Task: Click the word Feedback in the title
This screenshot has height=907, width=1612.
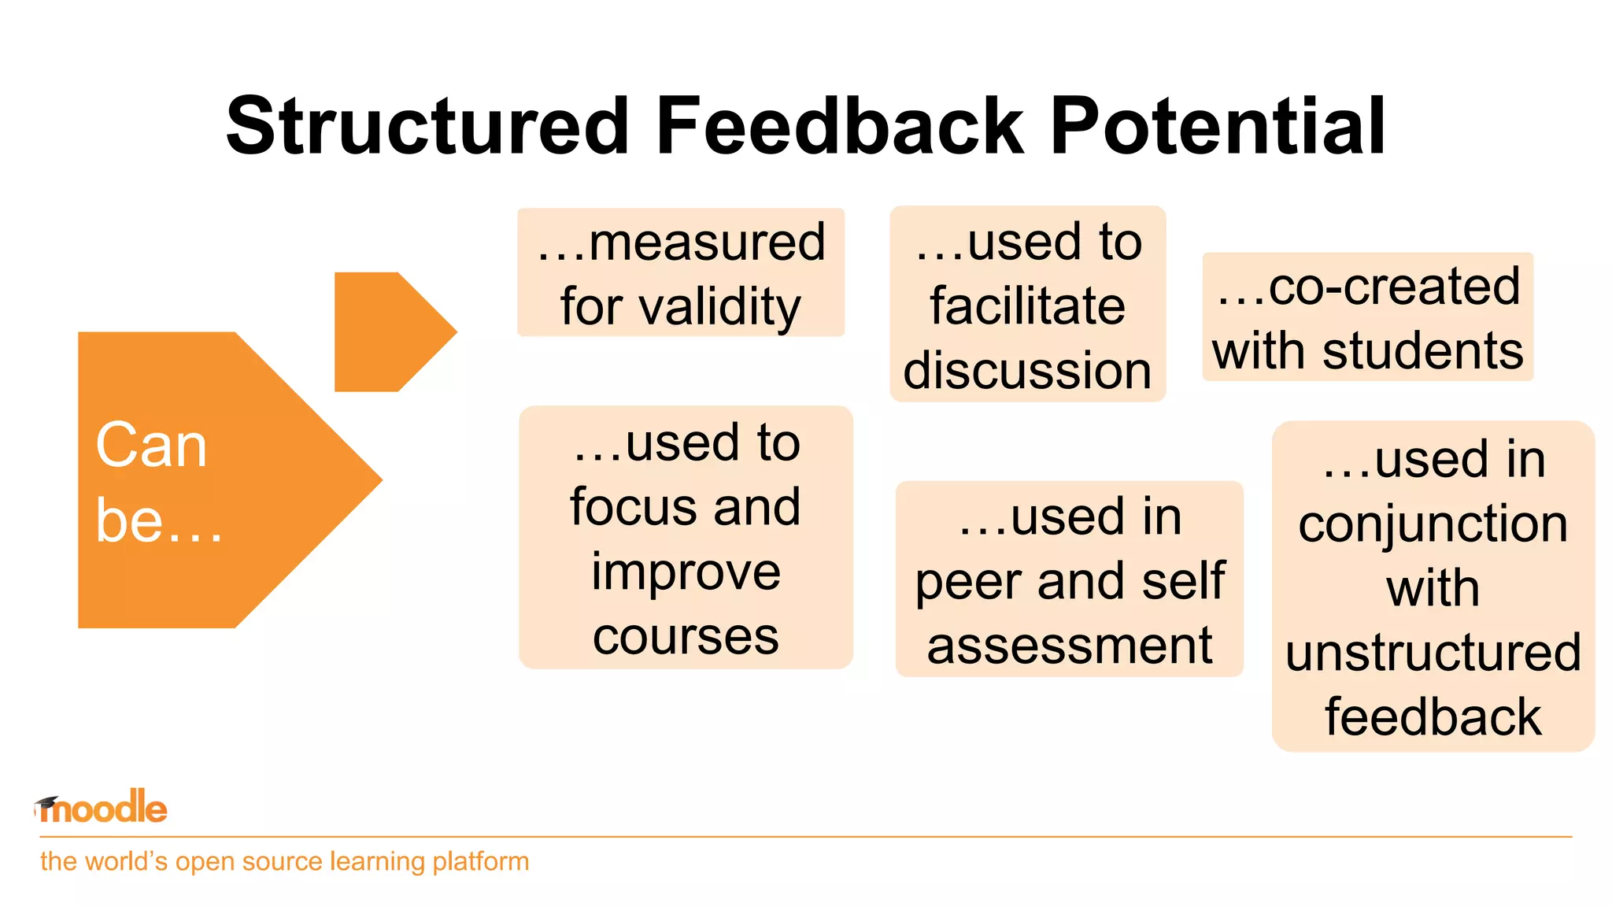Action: point(840,126)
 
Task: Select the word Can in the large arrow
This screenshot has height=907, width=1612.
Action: point(151,446)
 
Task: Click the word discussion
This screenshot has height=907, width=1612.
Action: point(1027,370)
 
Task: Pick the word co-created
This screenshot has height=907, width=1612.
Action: point(1394,286)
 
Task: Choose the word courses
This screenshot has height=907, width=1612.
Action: point(686,636)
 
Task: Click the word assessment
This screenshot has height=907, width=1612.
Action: point(1070,646)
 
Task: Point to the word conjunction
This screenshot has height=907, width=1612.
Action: point(1433,524)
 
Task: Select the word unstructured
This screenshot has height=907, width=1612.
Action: point(1433,653)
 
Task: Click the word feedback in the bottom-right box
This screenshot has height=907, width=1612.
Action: point(1433,717)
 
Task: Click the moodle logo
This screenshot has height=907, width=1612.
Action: point(102,808)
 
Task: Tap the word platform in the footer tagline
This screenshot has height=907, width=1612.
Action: point(480,861)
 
